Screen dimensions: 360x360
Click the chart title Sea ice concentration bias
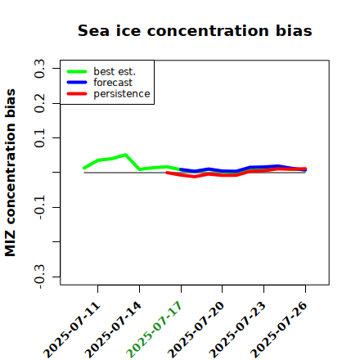(195, 30)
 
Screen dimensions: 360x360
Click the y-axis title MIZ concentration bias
(10, 173)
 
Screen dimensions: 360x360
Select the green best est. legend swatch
(77, 72)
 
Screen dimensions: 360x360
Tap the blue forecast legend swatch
(77, 83)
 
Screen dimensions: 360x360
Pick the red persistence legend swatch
(77, 94)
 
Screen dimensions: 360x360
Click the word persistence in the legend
(122, 94)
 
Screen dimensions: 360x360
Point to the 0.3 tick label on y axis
(39, 69)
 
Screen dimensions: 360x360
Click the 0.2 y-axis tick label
(39, 103)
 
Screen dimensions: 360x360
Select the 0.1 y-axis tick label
(39, 138)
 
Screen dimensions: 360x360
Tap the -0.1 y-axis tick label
(39, 208)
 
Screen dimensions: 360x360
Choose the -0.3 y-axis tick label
(39, 277)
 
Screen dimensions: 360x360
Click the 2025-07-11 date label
(72, 330)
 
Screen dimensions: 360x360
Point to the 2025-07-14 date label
(114, 330)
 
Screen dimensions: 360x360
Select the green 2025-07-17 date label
(155, 330)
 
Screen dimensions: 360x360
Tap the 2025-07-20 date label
(196, 330)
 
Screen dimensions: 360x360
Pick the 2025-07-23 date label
(238, 330)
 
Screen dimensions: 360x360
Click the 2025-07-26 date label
(280, 330)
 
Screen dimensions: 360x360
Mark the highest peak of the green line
(125, 155)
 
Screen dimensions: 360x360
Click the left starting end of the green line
(84, 168)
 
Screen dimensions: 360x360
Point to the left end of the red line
(167, 173)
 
